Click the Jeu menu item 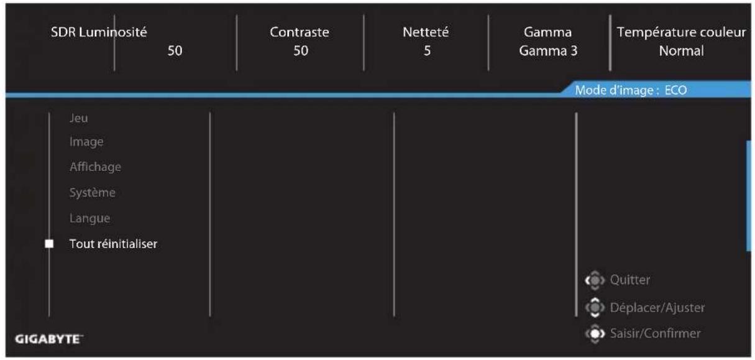coord(78,118)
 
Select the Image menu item coord(86,142)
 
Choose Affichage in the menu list coord(95,167)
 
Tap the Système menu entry coord(93,192)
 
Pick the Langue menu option coord(89,218)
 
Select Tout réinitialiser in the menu coord(113,244)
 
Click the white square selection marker coord(49,244)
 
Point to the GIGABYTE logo coord(49,339)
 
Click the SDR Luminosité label coord(99,32)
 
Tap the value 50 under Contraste coord(301,50)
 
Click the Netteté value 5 coord(427,50)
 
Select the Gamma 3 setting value coord(548,51)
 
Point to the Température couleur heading coord(681,32)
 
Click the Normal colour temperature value coord(681,51)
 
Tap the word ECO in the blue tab coord(675,90)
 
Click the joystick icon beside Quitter coord(595,280)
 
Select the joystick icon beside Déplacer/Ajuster coord(595,307)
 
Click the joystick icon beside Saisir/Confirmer coord(595,334)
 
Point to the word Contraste coord(300,32)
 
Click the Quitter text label coord(630,280)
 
